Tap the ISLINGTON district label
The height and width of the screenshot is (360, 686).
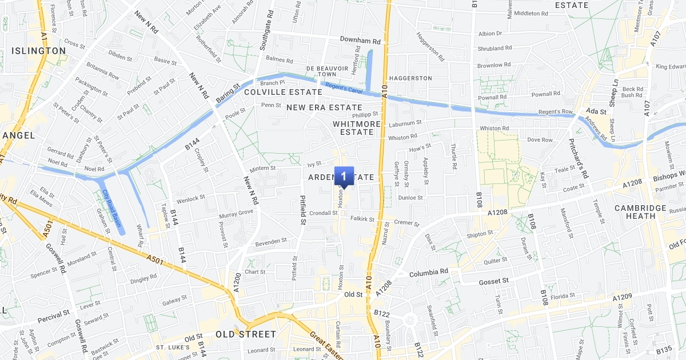coord(39,51)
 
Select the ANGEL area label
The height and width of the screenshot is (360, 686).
coord(18,135)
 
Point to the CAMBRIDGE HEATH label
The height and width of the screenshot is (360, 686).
coord(640,212)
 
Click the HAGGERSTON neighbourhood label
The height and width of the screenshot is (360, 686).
coord(410,78)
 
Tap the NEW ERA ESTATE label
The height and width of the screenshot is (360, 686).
coord(324,107)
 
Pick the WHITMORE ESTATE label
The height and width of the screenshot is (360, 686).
coord(357,128)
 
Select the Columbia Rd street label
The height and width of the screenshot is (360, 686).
coord(428,273)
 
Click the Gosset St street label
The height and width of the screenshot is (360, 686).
coord(493,281)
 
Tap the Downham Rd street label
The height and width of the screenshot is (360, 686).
coord(360,41)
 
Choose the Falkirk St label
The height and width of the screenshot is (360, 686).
coord(362,219)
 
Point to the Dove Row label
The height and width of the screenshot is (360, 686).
coord(540,140)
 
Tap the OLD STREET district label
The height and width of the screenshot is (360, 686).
coord(246,334)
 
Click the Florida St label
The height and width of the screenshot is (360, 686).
coord(563,296)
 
